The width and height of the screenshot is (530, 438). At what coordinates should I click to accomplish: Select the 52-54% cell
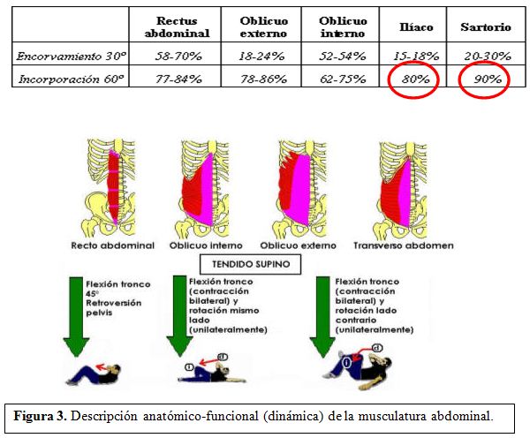click(x=343, y=56)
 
